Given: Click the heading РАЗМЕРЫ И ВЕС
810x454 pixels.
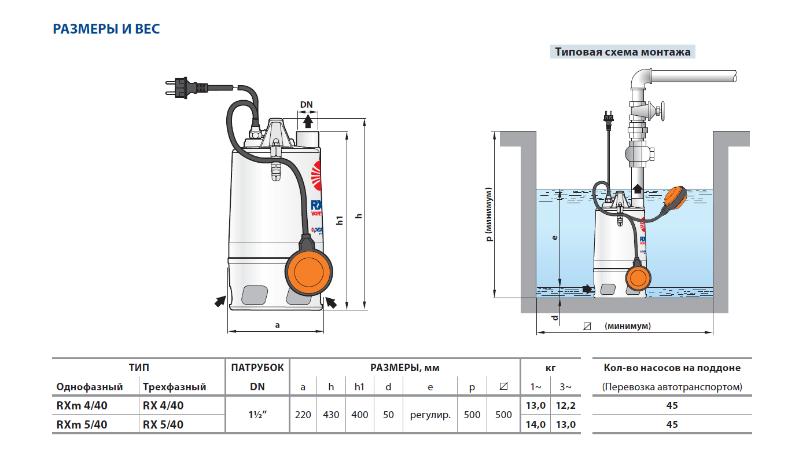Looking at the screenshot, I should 106,29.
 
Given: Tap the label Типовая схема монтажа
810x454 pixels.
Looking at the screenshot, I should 623,52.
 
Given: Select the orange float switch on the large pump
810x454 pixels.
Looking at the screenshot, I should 310,273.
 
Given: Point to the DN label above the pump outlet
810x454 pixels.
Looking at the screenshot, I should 306,105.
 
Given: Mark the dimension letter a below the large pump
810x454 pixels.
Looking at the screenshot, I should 277,325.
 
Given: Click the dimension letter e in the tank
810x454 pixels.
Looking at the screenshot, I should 554,237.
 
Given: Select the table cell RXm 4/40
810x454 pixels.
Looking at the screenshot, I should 82,405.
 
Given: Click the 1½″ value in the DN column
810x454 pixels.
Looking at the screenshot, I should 257,415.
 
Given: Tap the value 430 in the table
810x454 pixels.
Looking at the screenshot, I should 331,415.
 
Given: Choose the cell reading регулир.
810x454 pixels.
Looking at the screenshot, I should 430,415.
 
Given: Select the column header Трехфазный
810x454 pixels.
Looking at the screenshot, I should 174,387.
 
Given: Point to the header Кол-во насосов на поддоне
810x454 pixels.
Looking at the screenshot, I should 672,368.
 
